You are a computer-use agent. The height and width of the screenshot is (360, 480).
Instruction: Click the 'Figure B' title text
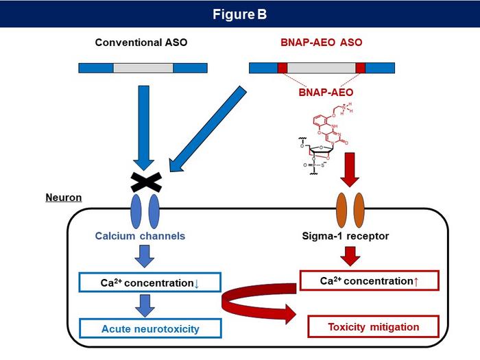pyautogui.click(x=239, y=14)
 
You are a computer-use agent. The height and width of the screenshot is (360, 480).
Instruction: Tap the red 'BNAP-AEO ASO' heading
pyautogui.click(x=322, y=43)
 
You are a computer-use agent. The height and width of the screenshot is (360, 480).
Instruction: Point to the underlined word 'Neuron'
pyautogui.click(x=64, y=197)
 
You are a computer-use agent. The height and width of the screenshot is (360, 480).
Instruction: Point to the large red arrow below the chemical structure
pyautogui.click(x=350, y=170)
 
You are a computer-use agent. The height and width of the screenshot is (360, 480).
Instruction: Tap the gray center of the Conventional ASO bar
pyautogui.click(x=143, y=68)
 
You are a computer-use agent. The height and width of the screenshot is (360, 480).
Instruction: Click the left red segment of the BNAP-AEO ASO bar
pyautogui.click(x=282, y=68)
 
